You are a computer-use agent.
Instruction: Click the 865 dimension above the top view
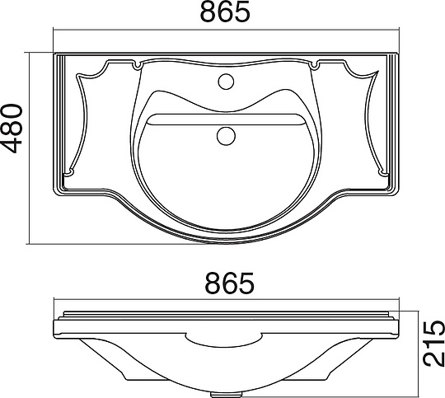(x=225, y=12)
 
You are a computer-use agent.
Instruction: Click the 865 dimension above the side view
(x=230, y=283)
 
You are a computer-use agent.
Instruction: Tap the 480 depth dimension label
(x=12, y=129)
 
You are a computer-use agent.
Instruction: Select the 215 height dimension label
(x=433, y=344)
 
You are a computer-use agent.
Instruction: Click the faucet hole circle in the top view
(x=226, y=82)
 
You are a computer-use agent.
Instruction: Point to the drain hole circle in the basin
(x=226, y=136)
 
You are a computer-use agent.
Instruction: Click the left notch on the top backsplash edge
(x=138, y=66)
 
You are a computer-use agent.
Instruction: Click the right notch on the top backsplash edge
(x=315, y=65)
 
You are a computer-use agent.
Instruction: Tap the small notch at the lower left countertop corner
(x=68, y=172)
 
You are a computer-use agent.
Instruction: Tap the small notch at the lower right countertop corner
(x=384, y=172)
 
